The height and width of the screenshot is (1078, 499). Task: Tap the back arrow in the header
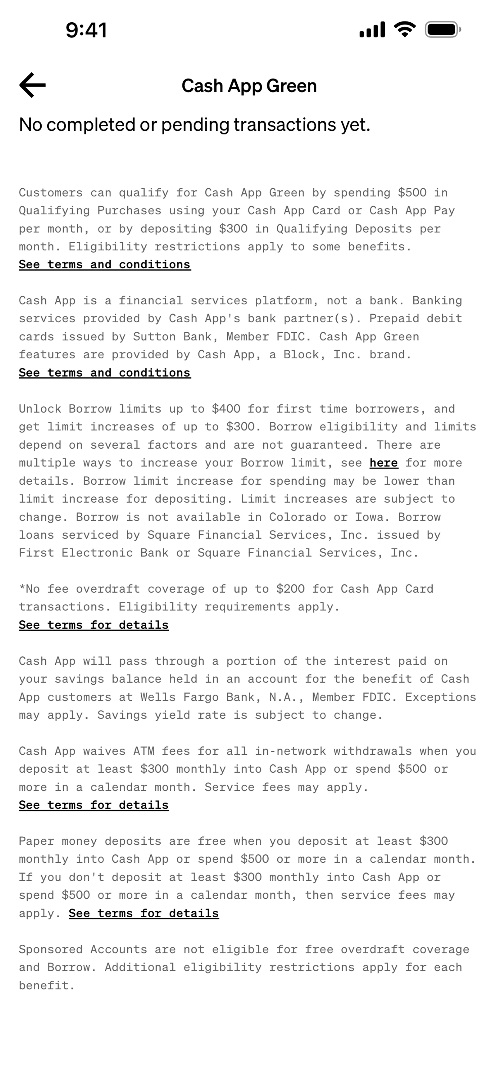coord(32,85)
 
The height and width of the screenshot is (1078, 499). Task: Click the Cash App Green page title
coord(249,86)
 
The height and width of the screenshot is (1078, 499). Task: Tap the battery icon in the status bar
coord(442,30)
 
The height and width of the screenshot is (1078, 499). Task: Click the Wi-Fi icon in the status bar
coord(404,29)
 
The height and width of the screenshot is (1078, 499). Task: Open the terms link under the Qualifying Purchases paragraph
coord(105,264)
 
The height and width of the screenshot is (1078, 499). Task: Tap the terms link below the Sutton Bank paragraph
coord(105,372)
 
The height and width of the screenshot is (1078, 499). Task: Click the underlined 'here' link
coord(383,463)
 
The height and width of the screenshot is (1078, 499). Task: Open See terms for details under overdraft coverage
coord(94,625)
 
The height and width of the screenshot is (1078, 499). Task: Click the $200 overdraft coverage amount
coord(290,589)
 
